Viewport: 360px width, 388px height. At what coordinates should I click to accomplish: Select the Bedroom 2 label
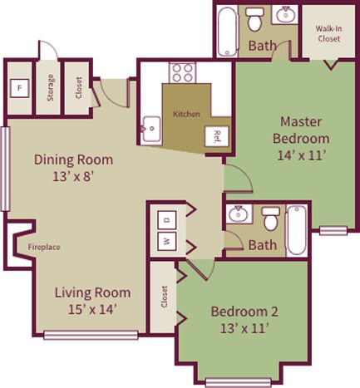(x=244, y=312)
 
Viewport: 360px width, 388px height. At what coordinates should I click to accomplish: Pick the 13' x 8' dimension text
(x=73, y=176)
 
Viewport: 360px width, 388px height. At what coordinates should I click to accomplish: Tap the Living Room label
(x=92, y=292)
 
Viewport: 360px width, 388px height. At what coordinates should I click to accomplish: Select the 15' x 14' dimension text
(x=92, y=309)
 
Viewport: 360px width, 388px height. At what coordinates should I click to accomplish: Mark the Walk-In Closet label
(x=328, y=33)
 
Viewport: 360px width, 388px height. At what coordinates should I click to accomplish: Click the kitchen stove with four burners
(x=182, y=71)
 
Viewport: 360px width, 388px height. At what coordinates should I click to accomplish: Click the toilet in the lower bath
(x=269, y=220)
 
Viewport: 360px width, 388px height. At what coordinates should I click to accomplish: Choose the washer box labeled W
(x=165, y=243)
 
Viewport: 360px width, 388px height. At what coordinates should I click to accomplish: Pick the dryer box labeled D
(x=165, y=220)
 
